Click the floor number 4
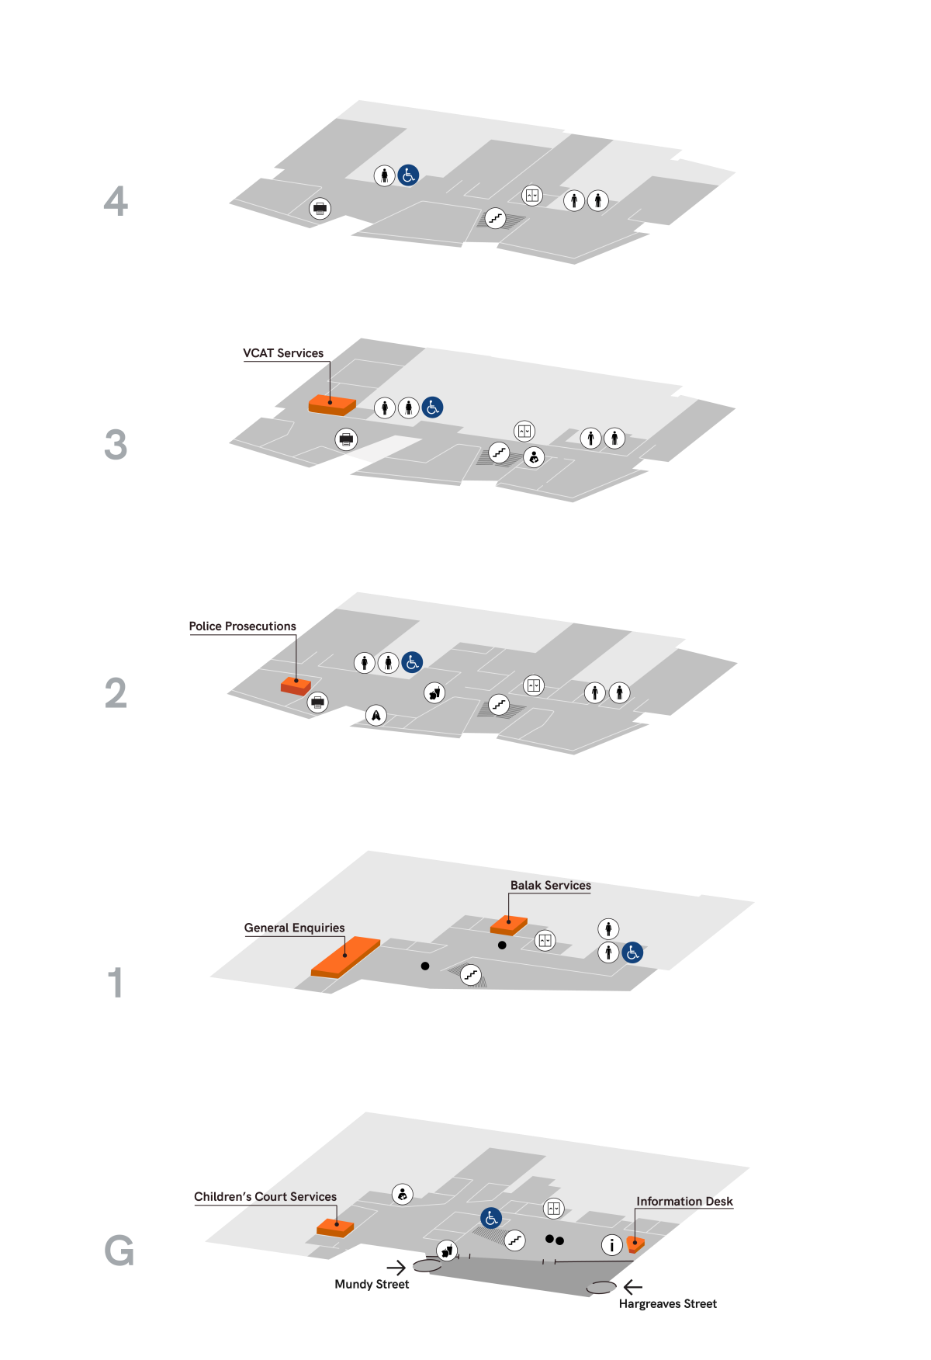pos(116,201)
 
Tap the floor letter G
pos(119,1251)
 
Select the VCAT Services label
pos(283,353)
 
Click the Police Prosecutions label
pos(242,626)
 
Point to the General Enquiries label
pos(294,928)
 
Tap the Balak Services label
pos(550,885)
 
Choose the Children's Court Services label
pos(265,1197)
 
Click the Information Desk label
pos(684,1202)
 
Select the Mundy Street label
pos(372,1285)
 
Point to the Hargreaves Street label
pos(668,1304)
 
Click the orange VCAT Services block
pos(332,405)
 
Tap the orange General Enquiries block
pos(345,956)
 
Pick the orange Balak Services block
pos(509,925)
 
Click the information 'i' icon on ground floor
pos(612,1245)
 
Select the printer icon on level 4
pos(320,208)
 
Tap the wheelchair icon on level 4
pos(408,175)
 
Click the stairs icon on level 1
pos(471,975)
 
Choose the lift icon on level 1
pos(545,940)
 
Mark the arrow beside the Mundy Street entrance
pos(396,1268)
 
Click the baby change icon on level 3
pos(534,457)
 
